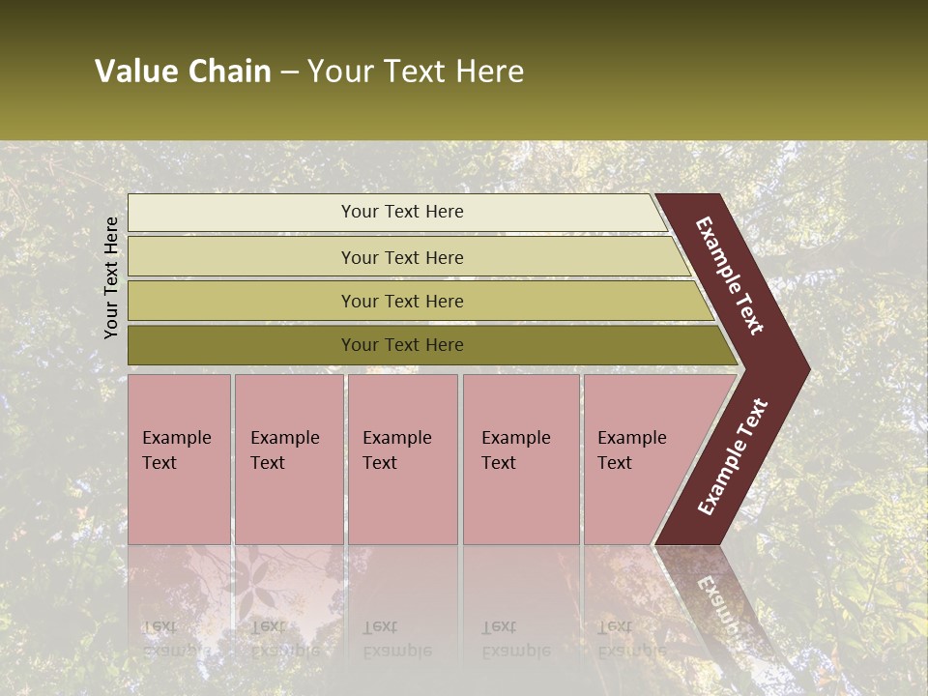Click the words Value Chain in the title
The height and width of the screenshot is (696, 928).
183,72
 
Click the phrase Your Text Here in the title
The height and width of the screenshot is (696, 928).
416,72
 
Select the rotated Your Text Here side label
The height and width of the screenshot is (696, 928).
112,277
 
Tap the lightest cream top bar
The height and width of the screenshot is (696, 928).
242,213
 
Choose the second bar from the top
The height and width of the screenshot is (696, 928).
242,257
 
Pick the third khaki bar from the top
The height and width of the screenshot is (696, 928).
242,301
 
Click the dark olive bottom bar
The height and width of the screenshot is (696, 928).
242,345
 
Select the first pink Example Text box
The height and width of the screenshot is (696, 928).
180,503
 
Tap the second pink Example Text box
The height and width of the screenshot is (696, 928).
289,503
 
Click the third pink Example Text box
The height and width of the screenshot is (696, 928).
402,503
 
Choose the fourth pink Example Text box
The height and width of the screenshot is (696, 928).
521,503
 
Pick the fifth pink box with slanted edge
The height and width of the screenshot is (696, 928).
638,503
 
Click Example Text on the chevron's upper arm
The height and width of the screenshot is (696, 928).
730,275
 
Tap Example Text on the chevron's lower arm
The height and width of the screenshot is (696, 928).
733,457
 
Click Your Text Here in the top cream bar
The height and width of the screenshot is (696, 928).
402,212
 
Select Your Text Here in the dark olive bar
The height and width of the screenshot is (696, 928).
402,345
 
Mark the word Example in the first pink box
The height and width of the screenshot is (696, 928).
176,438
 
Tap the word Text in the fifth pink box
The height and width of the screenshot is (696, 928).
615,463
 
